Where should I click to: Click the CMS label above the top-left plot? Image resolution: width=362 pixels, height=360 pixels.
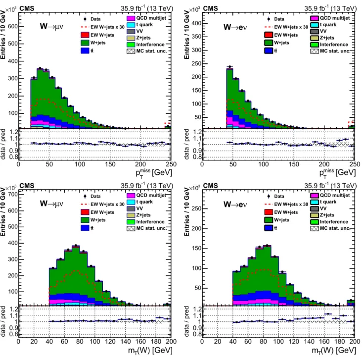click(27, 8)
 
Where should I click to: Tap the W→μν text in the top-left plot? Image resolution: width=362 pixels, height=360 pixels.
click(51, 26)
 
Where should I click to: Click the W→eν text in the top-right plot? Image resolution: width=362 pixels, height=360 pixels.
click(235, 27)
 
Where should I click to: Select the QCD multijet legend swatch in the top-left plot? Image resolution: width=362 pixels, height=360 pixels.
click(131, 18)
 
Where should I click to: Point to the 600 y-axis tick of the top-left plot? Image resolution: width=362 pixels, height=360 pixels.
click(13, 26)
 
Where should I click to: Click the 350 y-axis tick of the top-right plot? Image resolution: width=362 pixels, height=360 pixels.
click(196, 37)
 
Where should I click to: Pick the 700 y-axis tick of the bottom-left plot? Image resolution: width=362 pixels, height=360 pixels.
click(13, 195)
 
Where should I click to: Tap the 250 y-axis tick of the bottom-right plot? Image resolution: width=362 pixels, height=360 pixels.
click(196, 208)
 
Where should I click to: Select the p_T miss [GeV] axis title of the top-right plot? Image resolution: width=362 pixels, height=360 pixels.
click(338, 173)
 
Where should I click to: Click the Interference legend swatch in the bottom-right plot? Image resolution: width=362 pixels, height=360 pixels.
click(315, 222)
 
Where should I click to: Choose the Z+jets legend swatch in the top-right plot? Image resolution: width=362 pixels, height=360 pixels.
click(315, 38)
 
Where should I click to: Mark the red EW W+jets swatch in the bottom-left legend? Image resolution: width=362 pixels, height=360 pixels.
click(85, 212)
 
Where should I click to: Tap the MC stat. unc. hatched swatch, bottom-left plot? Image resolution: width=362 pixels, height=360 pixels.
click(131, 228)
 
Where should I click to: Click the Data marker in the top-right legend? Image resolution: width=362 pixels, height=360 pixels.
click(269, 19)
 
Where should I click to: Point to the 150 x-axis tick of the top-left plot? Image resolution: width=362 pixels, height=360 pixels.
click(110, 164)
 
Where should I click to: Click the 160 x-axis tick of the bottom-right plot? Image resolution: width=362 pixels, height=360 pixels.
click(324, 342)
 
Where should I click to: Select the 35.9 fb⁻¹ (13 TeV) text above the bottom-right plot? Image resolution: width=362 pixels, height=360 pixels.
click(330, 186)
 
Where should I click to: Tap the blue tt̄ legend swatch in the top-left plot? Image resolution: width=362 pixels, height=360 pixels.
click(85, 51)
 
